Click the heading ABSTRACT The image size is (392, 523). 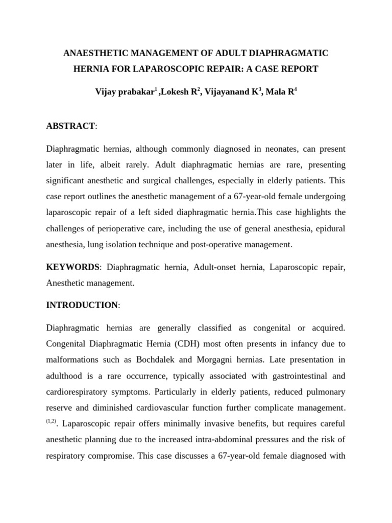pyautogui.click(x=70, y=126)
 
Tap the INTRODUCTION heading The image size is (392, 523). pyautogui.click(x=82, y=305)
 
